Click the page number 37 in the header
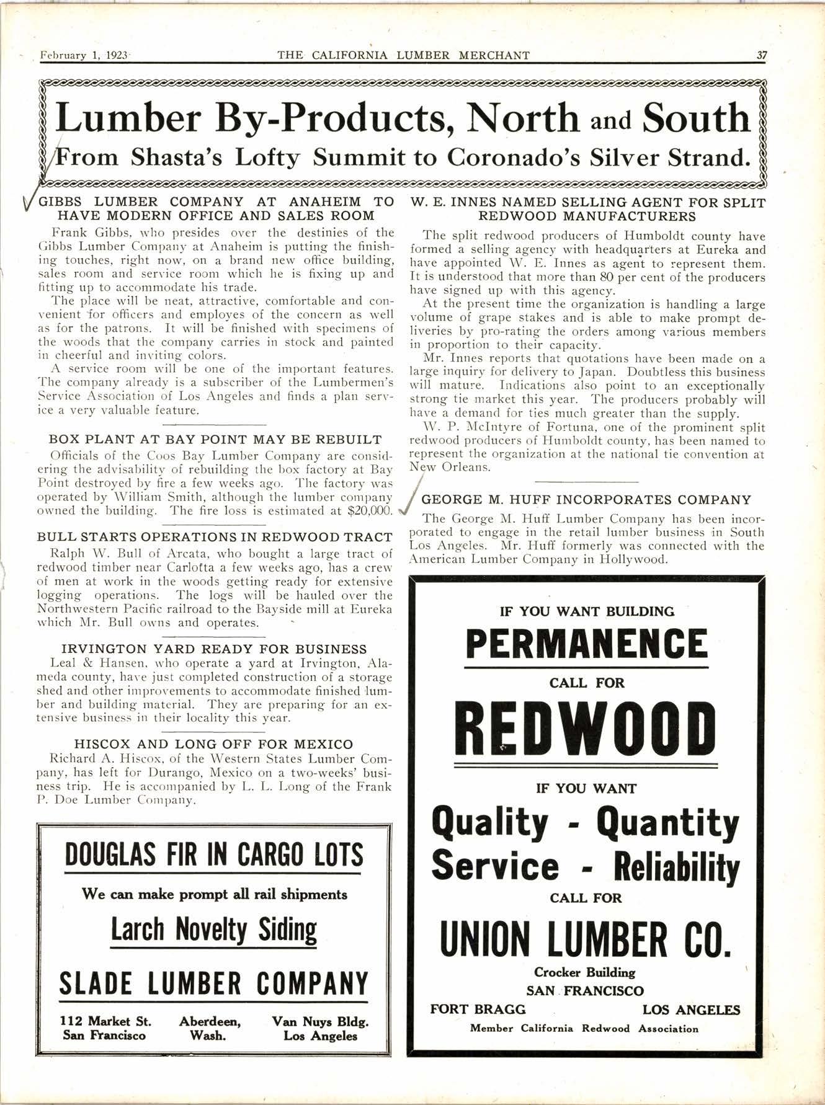(x=762, y=55)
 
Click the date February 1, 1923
(x=84, y=55)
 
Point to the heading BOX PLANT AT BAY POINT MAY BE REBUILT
(x=215, y=440)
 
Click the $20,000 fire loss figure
(x=370, y=511)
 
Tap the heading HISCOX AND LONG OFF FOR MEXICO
(x=214, y=743)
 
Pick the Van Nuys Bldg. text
(x=320, y=1021)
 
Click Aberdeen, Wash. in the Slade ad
(x=210, y=1028)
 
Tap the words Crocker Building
(x=584, y=972)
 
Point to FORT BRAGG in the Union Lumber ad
(x=478, y=1009)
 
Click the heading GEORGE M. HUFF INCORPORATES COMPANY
(x=586, y=500)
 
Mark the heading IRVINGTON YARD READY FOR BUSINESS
(x=214, y=649)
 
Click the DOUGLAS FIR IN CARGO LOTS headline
(x=214, y=855)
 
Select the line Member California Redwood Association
(x=584, y=1028)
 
